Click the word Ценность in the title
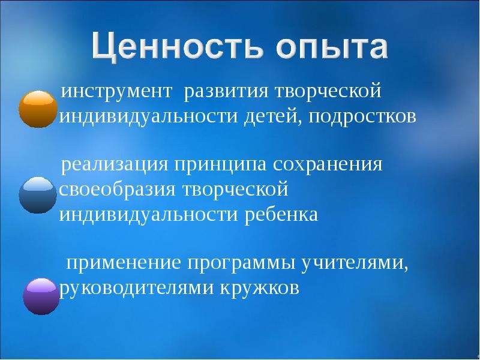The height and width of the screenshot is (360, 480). click(x=177, y=47)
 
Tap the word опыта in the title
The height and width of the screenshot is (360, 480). click(x=332, y=48)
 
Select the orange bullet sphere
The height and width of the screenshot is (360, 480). click(x=38, y=109)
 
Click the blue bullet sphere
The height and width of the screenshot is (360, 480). click(x=38, y=195)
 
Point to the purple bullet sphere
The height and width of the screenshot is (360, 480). click(x=41, y=296)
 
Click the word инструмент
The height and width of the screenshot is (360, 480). click(x=116, y=92)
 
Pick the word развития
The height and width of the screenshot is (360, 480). click(x=226, y=92)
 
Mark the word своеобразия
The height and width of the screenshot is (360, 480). click(x=117, y=190)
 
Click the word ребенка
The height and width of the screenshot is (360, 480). click(x=281, y=214)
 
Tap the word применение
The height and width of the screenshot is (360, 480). click(x=124, y=263)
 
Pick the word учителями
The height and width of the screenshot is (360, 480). click(x=355, y=263)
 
